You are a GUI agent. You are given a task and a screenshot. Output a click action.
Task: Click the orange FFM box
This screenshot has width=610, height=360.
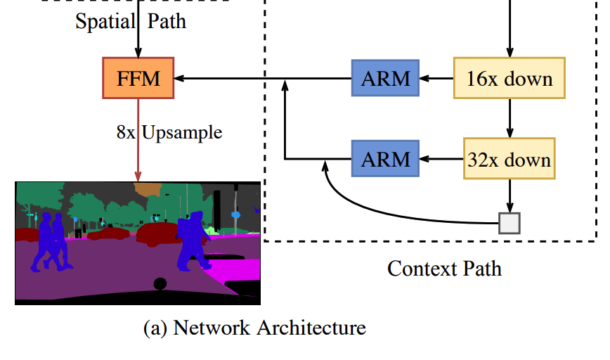[138, 77]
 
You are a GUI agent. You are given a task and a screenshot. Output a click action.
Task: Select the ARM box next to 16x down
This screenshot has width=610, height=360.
[385, 77]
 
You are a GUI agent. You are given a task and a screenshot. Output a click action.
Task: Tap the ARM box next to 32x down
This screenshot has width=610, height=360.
[385, 159]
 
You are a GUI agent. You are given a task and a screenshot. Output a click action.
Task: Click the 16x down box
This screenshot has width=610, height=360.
[510, 77]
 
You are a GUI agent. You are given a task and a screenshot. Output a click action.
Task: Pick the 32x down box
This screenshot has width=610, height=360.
[510, 160]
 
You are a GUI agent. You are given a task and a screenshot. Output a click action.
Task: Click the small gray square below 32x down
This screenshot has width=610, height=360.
[510, 222]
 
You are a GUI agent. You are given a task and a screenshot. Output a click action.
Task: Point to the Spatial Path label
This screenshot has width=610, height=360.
[131, 20]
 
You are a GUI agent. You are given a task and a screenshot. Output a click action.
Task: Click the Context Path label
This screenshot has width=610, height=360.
[444, 268]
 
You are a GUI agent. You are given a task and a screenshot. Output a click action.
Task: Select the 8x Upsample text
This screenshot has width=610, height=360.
[169, 131]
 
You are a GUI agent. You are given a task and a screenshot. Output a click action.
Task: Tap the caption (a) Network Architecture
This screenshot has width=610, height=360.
[254, 328]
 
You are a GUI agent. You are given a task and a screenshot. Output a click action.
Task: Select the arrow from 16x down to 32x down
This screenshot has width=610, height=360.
[510, 117]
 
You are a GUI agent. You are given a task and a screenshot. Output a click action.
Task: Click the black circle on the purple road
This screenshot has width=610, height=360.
[160, 283]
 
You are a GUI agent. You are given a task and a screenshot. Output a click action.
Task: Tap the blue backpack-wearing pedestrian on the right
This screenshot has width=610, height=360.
[191, 243]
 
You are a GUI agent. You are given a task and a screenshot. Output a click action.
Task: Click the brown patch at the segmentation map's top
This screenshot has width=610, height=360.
[147, 188]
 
